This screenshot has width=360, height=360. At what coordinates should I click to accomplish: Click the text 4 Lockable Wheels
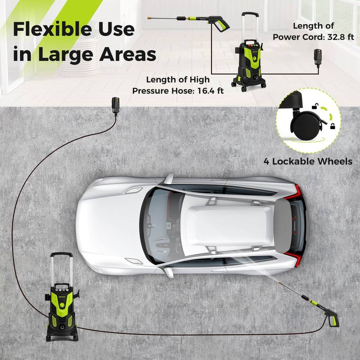[x=308, y=161]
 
